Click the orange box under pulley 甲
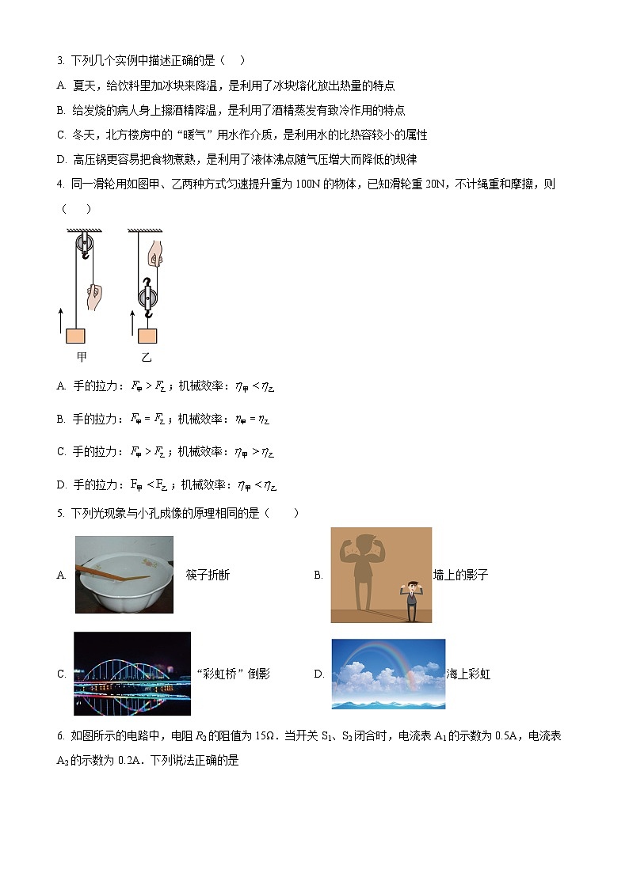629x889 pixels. point(75,335)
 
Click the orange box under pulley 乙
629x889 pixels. point(147,335)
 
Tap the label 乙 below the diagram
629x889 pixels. point(147,357)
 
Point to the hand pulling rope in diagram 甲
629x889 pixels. point(94,297)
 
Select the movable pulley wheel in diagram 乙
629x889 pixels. point(147,298)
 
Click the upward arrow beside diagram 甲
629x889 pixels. point(61,323)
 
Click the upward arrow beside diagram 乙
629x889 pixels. point(132,323)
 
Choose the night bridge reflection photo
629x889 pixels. point(132,674)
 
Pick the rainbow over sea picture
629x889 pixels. point(388,674)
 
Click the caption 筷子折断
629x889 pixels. point(208,576)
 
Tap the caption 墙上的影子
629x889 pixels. point(460,576)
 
